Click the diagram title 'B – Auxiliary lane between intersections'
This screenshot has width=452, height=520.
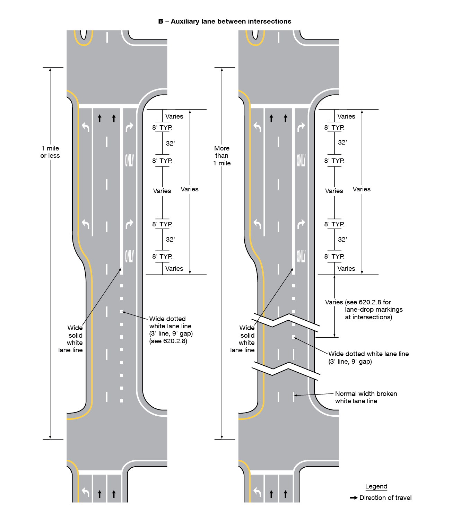(x=225, y=21)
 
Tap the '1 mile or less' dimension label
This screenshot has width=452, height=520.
(x=50, y=152)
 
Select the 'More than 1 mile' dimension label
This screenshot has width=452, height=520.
(x=222, y=156)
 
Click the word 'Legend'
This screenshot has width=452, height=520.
(x=376, y=486)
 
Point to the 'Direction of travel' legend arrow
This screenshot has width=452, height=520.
(x=354, y=498)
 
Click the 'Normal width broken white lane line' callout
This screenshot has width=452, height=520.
(x=366, y=397)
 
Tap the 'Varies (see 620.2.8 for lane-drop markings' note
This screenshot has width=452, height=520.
(x=364, y=310)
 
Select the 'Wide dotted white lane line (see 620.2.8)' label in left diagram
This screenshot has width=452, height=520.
(x=171, y=330)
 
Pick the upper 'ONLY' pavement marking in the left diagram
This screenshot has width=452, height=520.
(x=129, y=161)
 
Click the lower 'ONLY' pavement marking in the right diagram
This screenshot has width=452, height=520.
(x=301, y=257)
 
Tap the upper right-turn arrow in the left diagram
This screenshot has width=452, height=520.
(x=129, y=127)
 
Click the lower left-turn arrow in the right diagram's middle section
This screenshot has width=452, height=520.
(x=257, y=224)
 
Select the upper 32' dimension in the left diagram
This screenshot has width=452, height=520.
(x=170, y=144)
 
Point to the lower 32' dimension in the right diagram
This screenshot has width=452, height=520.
(x=342, y=240)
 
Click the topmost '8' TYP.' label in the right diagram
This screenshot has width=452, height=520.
(x=334, y=128)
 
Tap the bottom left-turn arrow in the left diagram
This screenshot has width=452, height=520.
(x=86, y=492)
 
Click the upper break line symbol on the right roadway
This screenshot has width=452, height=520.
(x=286, y=321)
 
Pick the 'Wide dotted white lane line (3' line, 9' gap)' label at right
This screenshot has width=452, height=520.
(x=368, y=357)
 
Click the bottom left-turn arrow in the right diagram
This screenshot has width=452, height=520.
(x=257, y=492)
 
